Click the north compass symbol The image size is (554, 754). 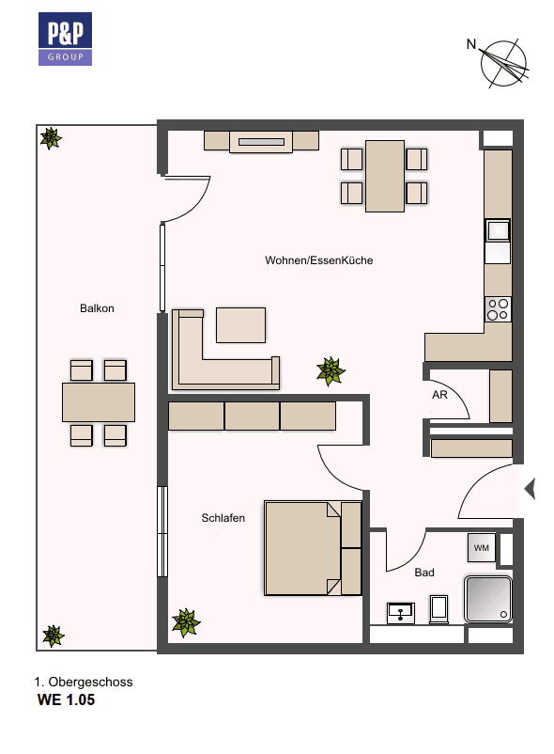[x=504, y=63]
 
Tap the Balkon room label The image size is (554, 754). [x=97, y=308]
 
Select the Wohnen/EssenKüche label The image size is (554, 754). [x=318, y=260]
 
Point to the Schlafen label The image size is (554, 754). [x=223, y=518]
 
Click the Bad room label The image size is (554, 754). [x=424, y=572]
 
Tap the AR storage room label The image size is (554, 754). [x=439, y=396]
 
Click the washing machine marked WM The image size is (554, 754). [x=481, y=547]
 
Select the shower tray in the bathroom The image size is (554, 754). [x=487, y=599]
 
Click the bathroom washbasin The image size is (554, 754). [x=402, y=612]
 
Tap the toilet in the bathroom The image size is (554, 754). [x=439, y=608]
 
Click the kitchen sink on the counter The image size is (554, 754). [x=498, y=230]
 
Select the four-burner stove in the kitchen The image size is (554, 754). [x=498, y=309]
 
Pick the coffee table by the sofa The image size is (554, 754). [x=240, y=324]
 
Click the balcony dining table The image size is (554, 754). [x=98, y=401]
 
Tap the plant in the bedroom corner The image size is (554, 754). [x=186, y=621]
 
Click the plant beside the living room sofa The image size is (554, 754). [x=331, y=370]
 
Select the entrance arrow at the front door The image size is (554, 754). [x=529, y=489]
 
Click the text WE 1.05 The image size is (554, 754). [x=66, y=700]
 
